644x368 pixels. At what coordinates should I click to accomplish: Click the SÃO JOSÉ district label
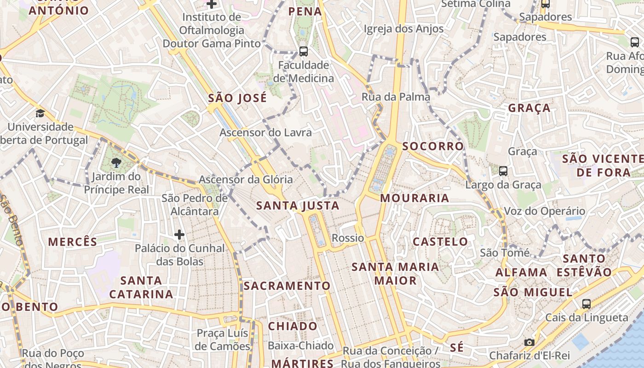tap(237, 98)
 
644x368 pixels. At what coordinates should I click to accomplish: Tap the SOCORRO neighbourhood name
tap(433, 146)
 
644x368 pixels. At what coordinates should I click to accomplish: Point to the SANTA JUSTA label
tap(298, 205)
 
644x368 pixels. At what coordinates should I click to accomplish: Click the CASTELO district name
tap(440, 241)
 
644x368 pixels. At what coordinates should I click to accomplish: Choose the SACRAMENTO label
tap(287, 286)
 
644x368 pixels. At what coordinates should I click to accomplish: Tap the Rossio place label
tap(348, 238)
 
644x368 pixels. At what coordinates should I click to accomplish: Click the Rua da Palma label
tap(396, 97)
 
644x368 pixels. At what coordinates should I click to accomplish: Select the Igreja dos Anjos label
tap(403, 29)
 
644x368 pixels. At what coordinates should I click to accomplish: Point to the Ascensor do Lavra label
tap(265, 132)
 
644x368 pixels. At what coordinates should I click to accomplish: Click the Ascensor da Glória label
tap(246, 179)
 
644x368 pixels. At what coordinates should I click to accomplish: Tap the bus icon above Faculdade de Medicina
tap(303, 51)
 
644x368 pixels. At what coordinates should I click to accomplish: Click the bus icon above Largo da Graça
tap(503, 171)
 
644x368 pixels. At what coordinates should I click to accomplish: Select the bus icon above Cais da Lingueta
tap(586, 304)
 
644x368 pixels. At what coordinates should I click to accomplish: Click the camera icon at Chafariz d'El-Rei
tap(529, 342)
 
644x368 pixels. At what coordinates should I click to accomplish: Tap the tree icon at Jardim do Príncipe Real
tap(116, 162)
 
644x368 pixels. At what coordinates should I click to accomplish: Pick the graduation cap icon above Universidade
tap(40, 113)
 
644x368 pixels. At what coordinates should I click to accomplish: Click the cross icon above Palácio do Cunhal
tap(179, 235)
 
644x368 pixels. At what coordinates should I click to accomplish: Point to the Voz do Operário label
tap(545, 211)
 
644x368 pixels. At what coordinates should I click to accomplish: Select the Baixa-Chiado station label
tap(301, 345)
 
